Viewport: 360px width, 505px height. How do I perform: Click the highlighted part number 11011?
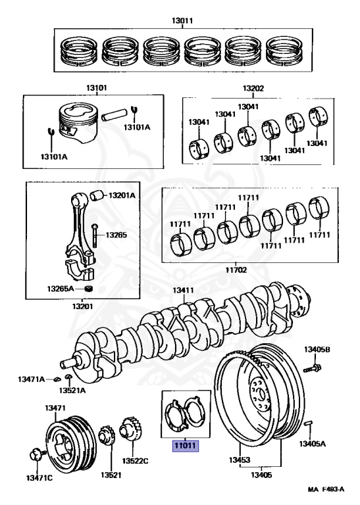click(186, 446)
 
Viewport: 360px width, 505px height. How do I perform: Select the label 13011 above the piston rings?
click(182, 21)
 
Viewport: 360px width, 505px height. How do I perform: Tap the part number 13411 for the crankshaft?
click(183, 290)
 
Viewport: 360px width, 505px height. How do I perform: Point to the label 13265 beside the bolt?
click(116, 235)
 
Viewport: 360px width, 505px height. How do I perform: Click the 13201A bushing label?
click(122, 195)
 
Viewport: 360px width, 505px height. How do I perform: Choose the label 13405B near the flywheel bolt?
click(317, 349)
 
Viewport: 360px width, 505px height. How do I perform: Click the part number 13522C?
click(135, 461)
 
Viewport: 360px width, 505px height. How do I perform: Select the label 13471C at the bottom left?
click(39, 478)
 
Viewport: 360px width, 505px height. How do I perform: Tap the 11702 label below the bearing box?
click(236, 270)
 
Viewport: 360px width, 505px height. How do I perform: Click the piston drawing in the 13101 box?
click(78, 123)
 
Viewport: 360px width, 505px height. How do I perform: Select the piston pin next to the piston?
click(114, 115)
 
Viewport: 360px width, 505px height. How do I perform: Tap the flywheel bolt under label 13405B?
click(312, 368)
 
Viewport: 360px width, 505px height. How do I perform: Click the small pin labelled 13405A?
click(309, 427)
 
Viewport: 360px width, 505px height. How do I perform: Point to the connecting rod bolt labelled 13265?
click(94, 236)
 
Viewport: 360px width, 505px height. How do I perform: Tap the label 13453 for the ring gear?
click(240, 460)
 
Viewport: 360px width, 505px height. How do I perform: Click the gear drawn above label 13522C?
click(129, 428)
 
